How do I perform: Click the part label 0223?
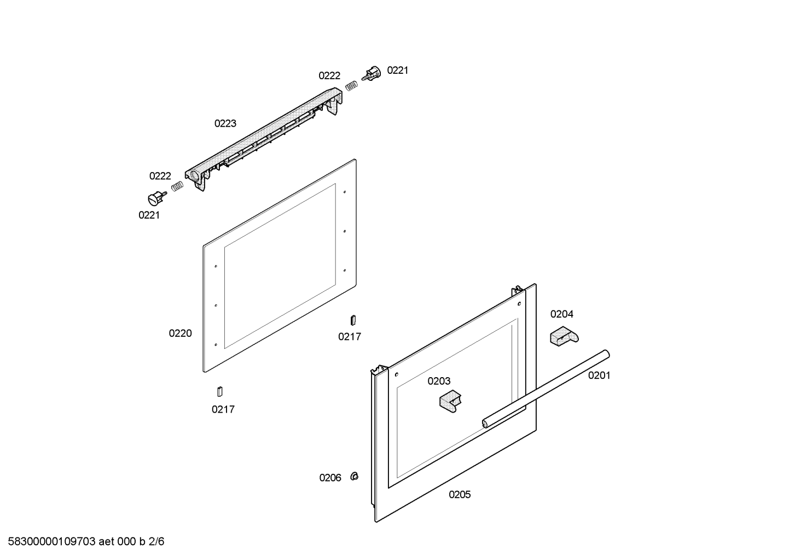225,124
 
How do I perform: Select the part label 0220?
180,333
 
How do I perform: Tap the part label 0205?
459,495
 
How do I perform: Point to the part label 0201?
599,376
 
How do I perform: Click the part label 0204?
561,314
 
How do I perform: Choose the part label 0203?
439,381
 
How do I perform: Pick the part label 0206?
330,478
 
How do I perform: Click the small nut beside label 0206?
355,477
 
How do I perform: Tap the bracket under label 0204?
564,336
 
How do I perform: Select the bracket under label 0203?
450,401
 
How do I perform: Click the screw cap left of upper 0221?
372,73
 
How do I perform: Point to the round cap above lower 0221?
156,198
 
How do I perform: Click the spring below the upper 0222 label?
351,85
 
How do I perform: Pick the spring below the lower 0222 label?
177,186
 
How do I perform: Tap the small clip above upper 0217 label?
353,320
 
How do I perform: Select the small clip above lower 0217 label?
220,391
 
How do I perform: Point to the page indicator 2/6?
156,542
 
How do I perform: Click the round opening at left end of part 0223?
194,174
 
